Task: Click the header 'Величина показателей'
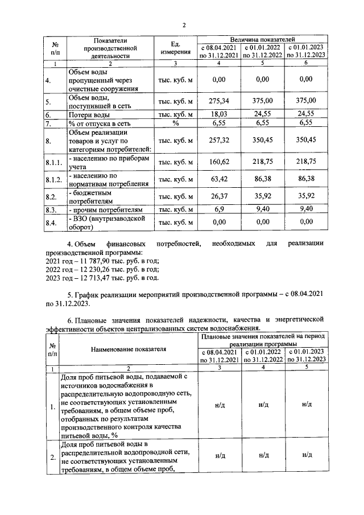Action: (262, 38)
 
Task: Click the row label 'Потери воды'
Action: (86, 114)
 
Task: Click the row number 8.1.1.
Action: (53, 162)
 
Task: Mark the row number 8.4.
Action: (51, 223)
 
